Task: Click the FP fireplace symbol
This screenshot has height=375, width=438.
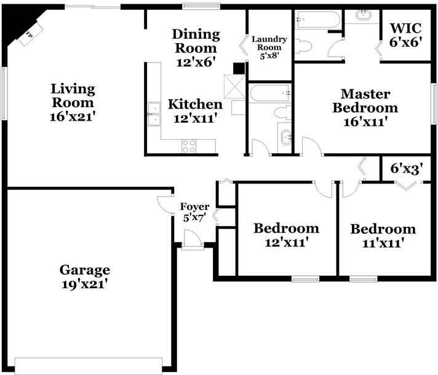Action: (x=31, y=34)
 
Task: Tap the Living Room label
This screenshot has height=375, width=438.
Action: (x=73, y=95)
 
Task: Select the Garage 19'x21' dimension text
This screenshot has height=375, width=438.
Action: (x=85, y=284)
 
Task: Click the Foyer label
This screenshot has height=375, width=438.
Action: (x=194, y=207)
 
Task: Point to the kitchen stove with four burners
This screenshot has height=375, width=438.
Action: (x=189, y=146)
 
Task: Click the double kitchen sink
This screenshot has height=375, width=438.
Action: (x=154, y=114)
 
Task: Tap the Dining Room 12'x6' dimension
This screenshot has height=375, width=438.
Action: (x=196, y=62)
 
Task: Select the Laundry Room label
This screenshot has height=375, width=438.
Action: (x=269, y=43)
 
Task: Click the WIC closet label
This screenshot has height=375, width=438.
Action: (x=405, y=28)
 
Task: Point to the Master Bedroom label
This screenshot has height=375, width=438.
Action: (x=365, y=100)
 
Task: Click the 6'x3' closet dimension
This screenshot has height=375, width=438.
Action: (x=407, y=168)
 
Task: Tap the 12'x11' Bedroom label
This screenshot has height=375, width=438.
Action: (x=286, y=235)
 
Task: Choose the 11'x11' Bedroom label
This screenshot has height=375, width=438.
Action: (x=383, y=236)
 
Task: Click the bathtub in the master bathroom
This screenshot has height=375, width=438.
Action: (x=318, y=19)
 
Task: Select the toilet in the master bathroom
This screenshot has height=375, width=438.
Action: (x=303, y=46)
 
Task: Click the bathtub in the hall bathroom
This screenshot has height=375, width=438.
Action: (x=270, y=93)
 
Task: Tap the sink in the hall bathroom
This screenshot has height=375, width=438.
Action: (x=285, y=137)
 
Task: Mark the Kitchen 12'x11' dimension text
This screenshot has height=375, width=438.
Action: (x=195, y=118)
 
